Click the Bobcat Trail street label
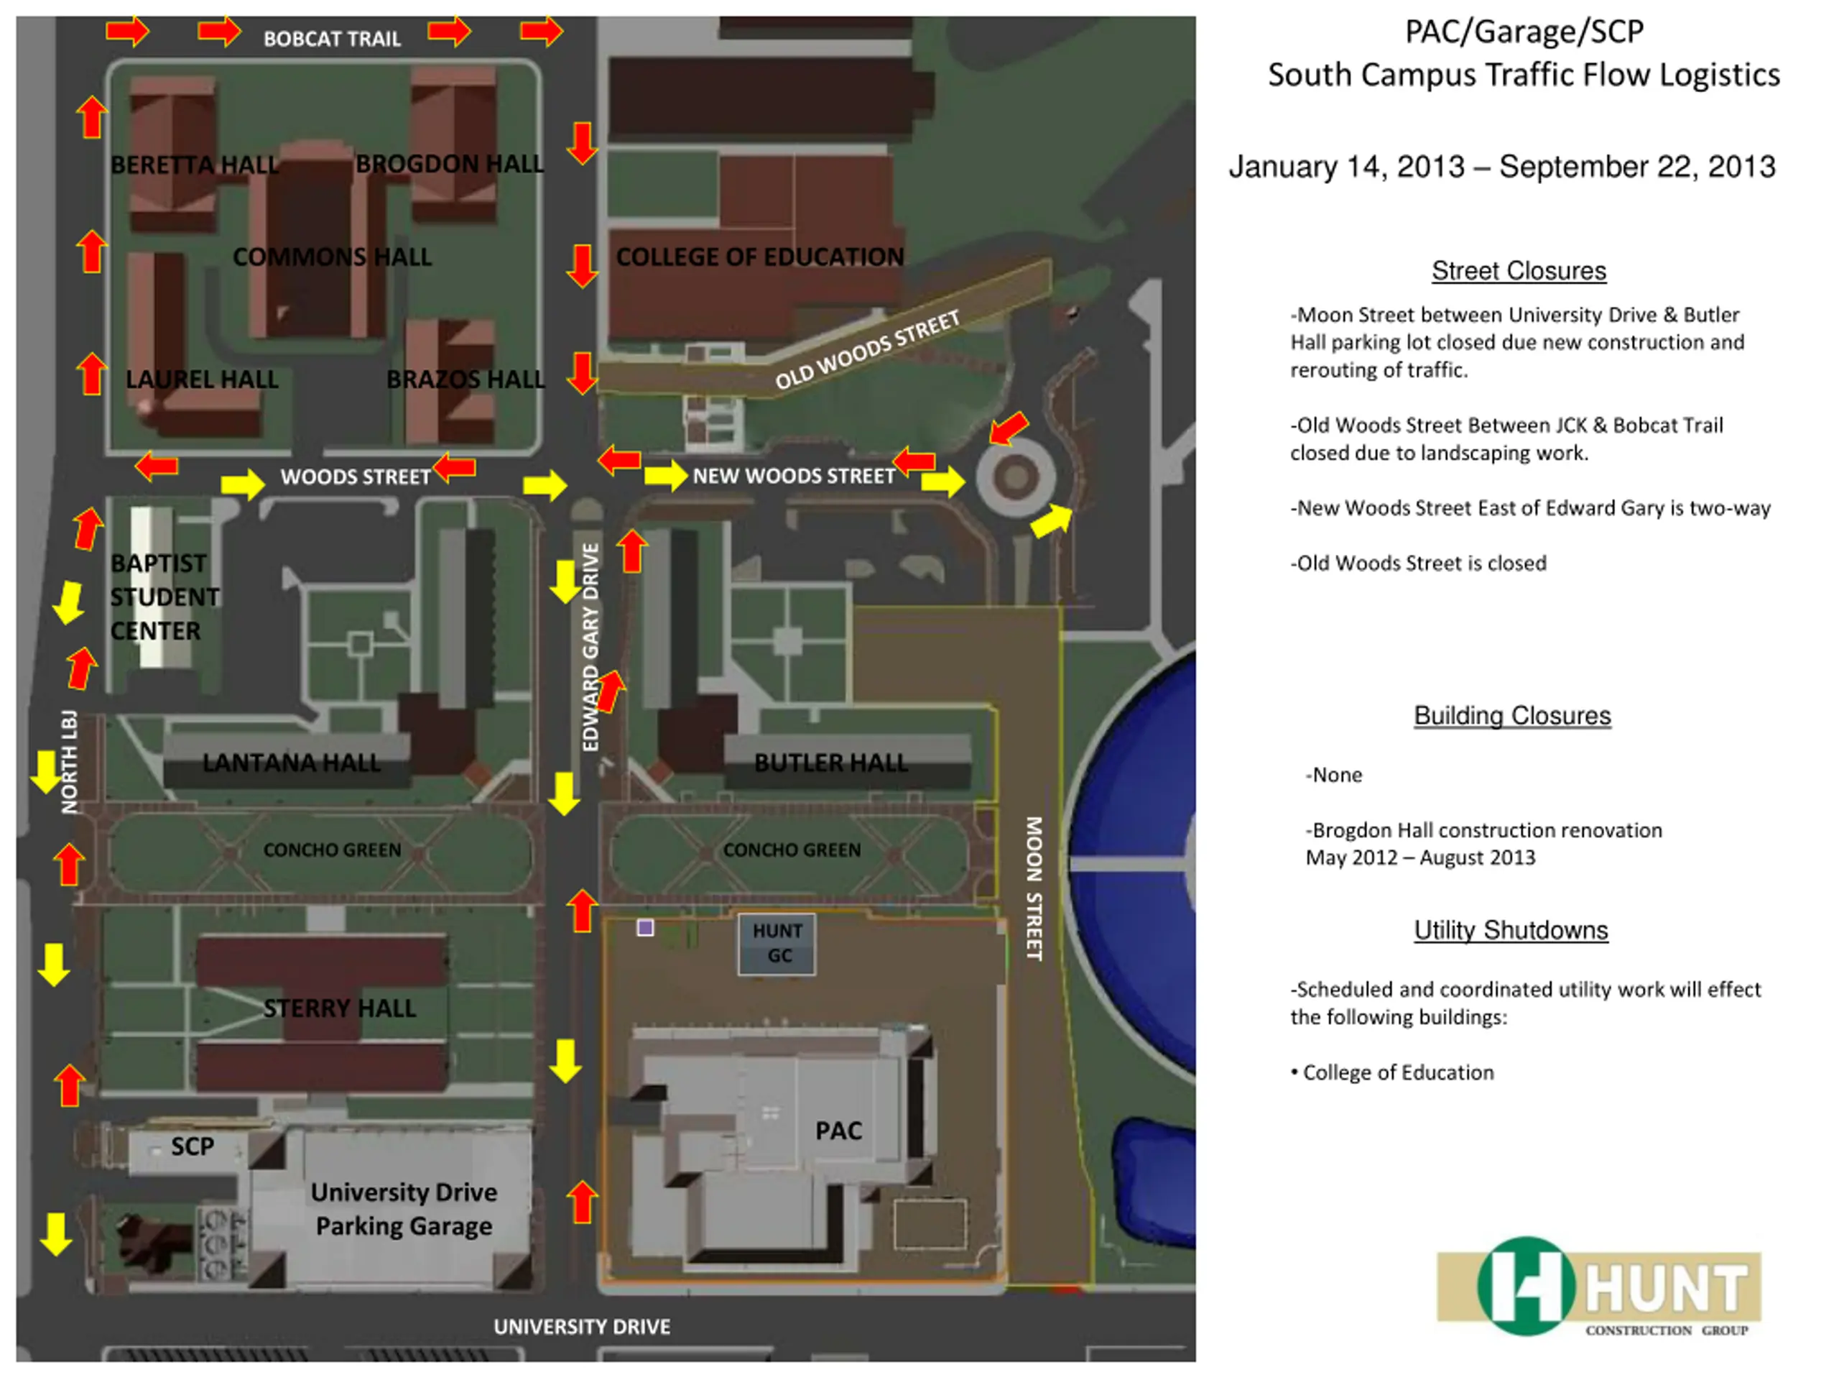[332, 39]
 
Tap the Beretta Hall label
[194, 165]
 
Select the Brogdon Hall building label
[450, 164]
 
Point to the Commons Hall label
[332, 257]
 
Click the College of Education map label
[759, 257]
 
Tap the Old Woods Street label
[867, 349]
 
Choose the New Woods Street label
[794, 476]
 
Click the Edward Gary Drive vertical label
[590, 647]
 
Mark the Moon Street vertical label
[1034, 888]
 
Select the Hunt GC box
[777, 943]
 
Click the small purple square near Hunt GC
[645, 927]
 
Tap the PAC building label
[838, 1131]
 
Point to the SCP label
[192, 1146]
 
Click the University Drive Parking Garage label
[404, 1209]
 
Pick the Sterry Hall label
[339, 1008]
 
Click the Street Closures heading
[1518, 270]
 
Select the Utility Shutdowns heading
[1511, 930]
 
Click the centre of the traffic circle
[1015, 477]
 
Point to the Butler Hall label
[830, 763]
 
